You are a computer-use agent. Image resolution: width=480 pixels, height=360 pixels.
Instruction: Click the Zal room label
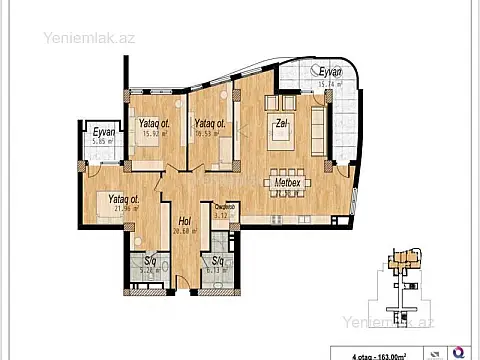tap(283, 125)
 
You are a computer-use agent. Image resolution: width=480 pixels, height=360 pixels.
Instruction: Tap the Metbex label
tap(288, 183)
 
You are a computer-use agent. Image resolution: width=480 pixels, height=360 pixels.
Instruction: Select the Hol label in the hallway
tap(185, 221)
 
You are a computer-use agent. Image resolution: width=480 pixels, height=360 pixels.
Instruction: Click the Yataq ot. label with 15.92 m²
tap(152, 123)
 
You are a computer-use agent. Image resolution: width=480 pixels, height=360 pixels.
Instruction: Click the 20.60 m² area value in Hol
tap(185, 231)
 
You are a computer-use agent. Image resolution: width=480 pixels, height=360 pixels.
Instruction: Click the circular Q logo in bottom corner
tap(457, 351)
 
